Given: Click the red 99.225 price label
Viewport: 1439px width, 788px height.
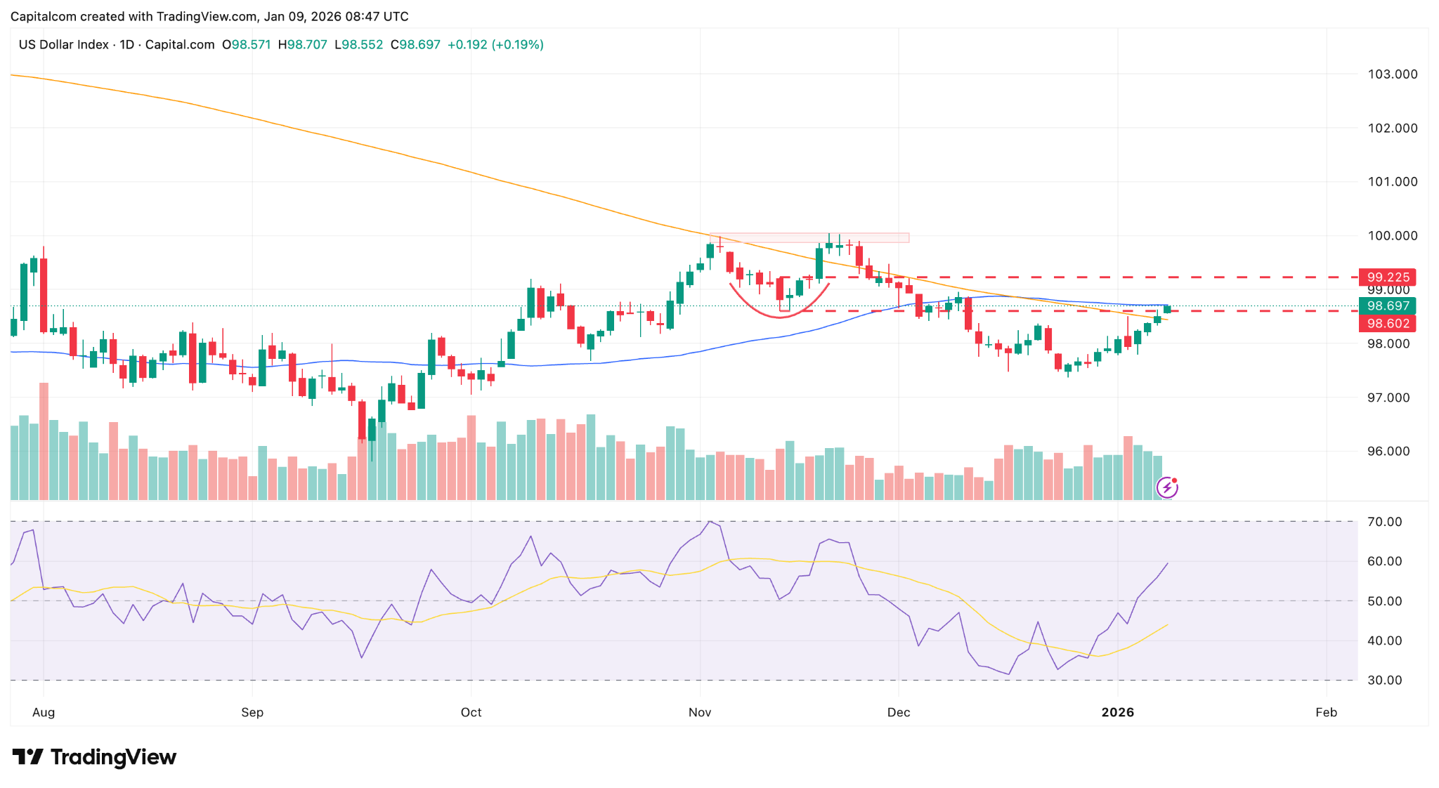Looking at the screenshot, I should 1388,277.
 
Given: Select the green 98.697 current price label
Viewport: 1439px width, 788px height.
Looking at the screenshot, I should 1388,306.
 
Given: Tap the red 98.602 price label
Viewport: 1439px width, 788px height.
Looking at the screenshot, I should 1388,324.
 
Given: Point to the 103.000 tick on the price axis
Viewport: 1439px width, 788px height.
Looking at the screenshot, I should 1392,74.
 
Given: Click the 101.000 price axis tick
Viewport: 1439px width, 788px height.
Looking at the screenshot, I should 1392,182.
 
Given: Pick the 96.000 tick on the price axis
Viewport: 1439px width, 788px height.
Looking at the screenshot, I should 1392,452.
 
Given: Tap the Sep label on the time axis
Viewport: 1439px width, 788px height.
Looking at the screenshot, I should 252,713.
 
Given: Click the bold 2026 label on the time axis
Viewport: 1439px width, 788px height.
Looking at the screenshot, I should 1117,713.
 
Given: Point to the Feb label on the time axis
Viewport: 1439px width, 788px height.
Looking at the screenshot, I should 1326,713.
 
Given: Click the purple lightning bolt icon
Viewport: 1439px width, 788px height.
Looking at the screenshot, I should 1167,487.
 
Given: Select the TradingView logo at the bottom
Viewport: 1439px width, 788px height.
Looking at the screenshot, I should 95,757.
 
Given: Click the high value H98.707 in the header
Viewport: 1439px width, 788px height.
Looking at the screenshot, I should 303,45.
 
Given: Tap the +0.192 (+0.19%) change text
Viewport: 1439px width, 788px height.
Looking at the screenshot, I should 495,45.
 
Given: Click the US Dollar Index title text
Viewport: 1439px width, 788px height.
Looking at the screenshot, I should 63,45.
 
